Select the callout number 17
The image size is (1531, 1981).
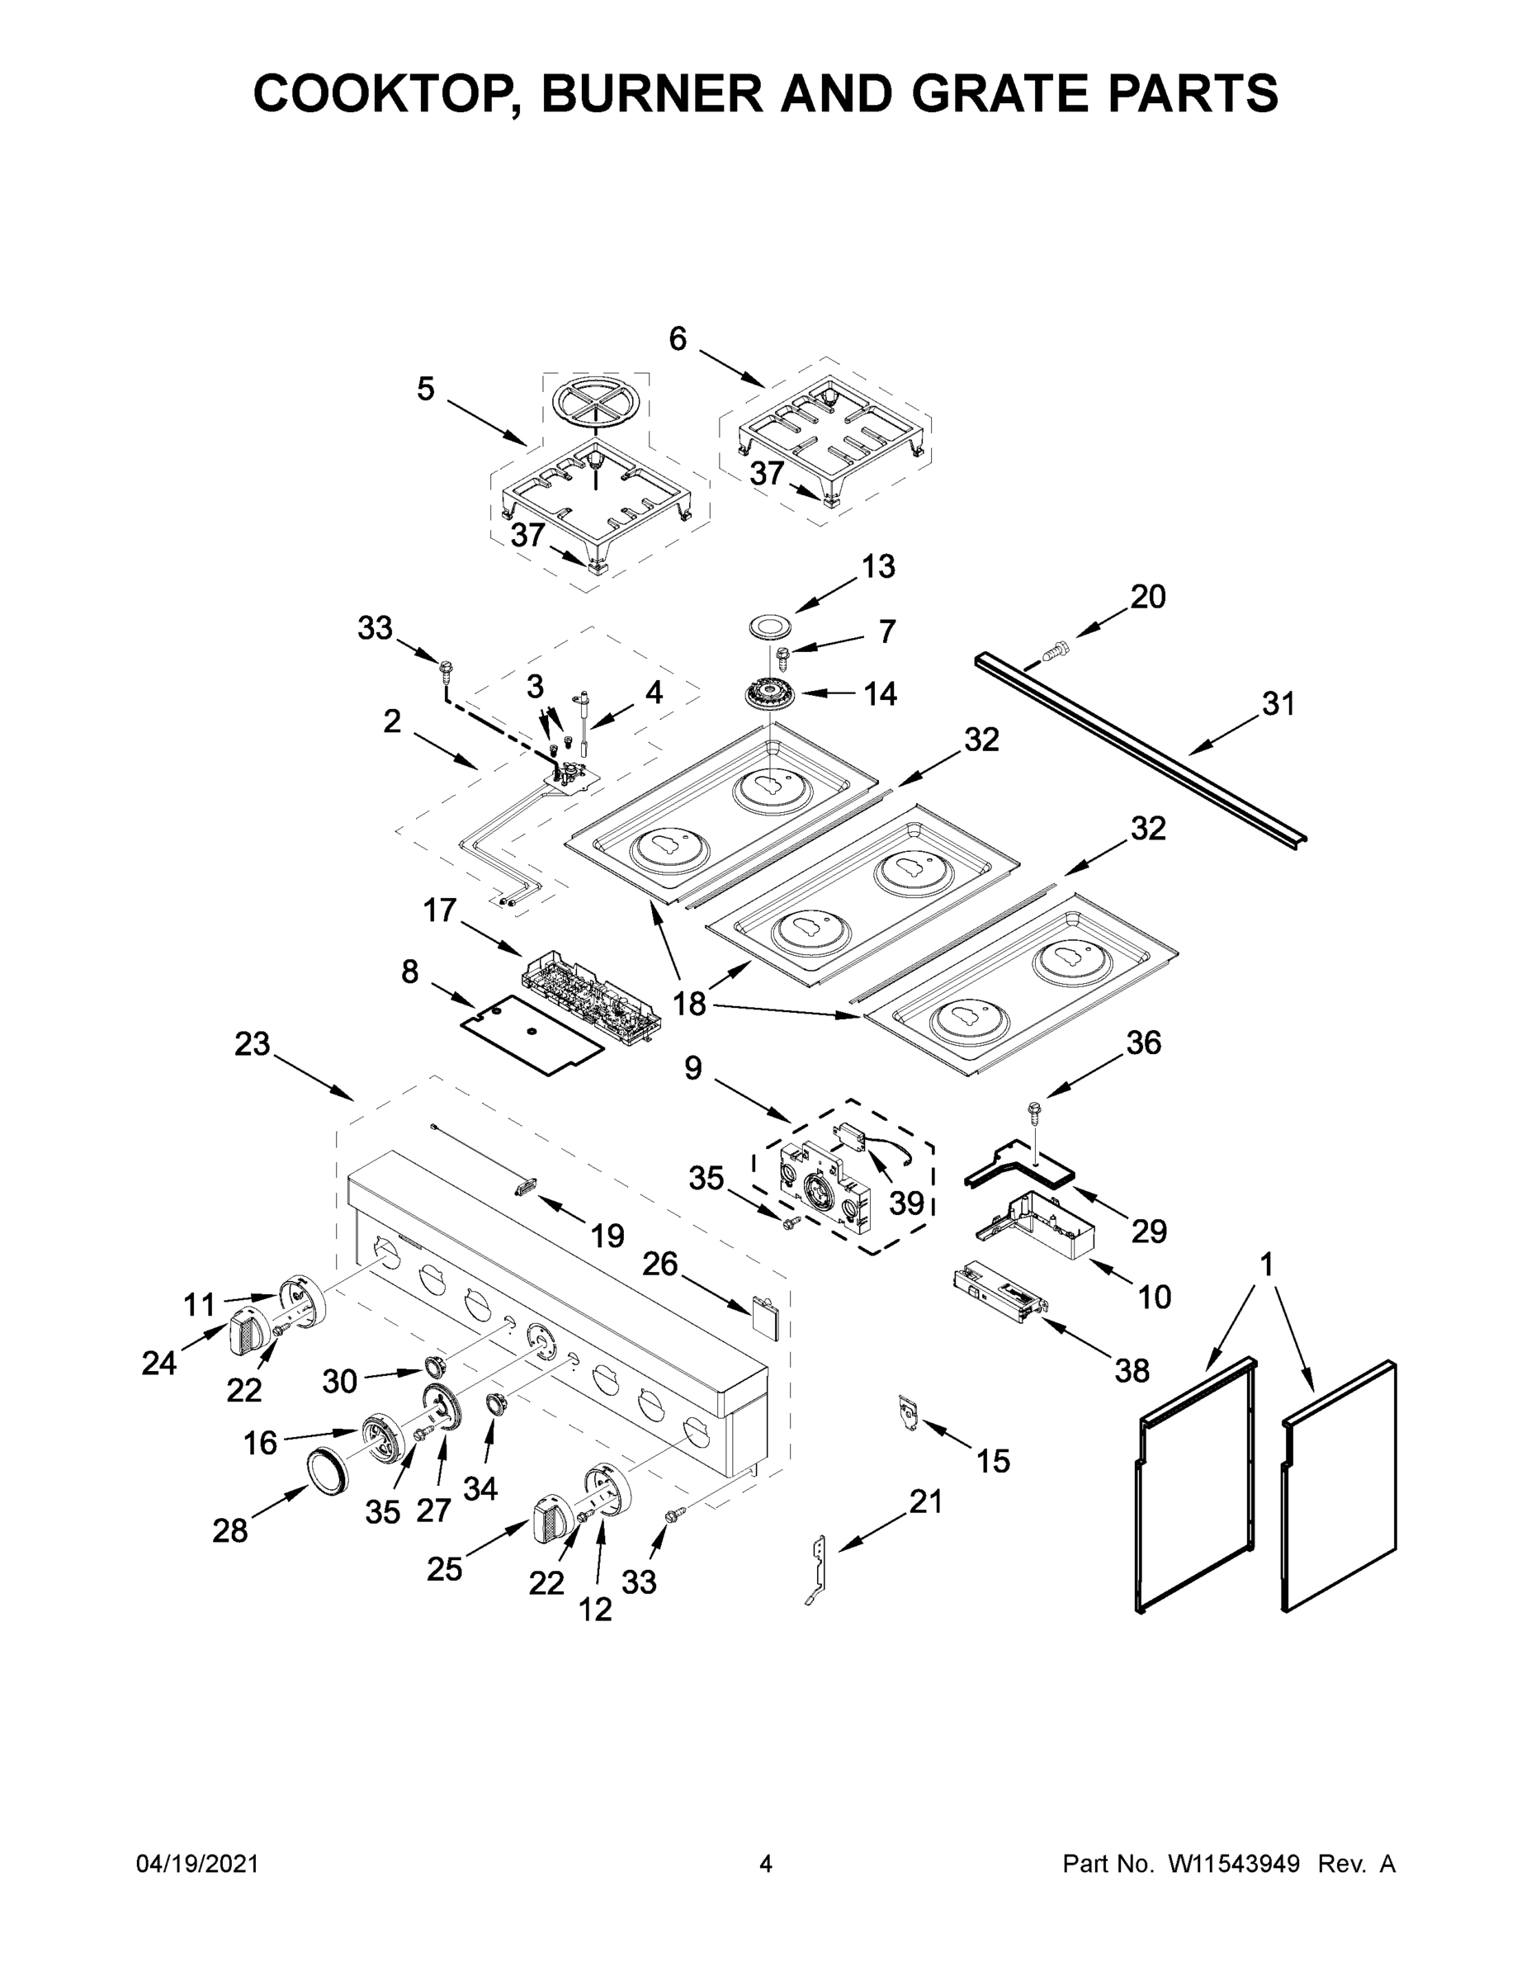point(440,910)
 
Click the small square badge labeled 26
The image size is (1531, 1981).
point(763,1317)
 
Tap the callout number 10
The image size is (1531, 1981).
point(1154,1297)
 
